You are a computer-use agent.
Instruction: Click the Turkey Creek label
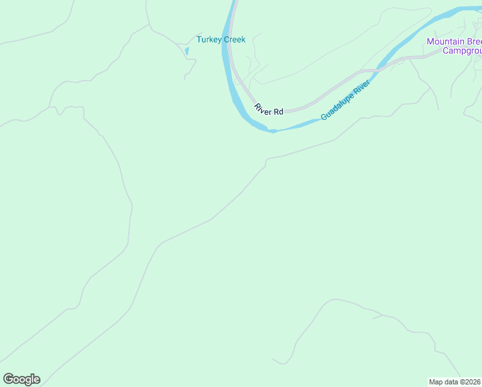(221, 39)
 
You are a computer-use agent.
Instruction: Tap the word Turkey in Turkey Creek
(209, 39)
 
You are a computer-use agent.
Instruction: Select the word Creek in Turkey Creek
(235, 39)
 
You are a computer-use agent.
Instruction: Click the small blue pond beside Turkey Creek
(187, 51)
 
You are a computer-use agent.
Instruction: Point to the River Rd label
(269, 110)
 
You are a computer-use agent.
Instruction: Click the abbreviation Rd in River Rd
(278, 112)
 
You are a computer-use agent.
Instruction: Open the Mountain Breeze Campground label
(455, 46)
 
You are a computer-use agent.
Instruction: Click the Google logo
(21, 379)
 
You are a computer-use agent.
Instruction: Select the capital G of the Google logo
(8, 379)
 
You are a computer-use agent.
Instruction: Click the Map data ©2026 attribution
(455, 381)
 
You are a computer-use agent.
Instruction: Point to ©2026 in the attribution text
(470, 381)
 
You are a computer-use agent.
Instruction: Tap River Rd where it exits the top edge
(235, 2)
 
